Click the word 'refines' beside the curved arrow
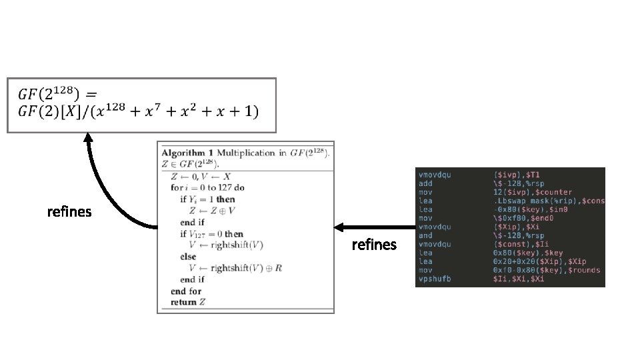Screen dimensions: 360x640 69,212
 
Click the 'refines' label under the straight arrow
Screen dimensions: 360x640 373,245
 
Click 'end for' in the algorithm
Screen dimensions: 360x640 185,291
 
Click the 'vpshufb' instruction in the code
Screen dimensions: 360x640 435,279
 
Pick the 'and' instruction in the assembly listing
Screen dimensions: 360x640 425,235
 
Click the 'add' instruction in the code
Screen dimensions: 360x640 425,183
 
